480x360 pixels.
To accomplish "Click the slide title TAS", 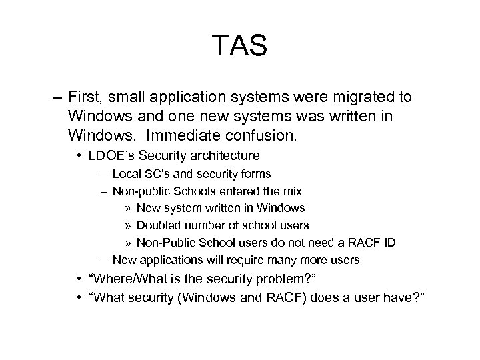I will coord(240,46).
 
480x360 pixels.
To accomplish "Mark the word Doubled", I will coord(158,225).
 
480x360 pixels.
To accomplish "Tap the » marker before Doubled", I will coord(128,225).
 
